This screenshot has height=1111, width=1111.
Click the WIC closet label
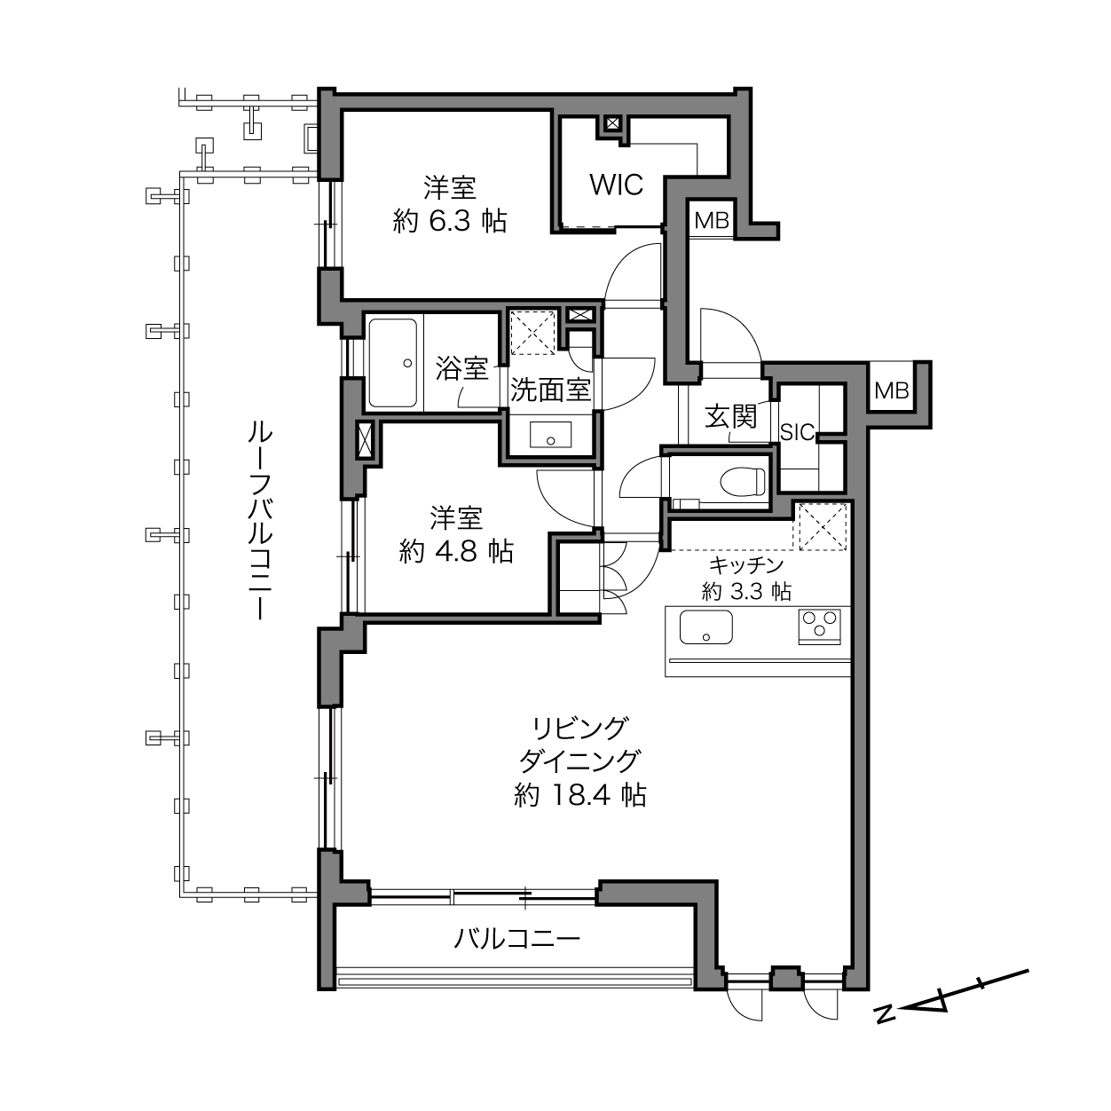point(616,185)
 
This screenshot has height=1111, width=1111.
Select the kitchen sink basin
point(705,627)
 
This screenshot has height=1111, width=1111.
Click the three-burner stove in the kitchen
point(819,626)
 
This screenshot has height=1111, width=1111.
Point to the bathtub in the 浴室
point(392,363)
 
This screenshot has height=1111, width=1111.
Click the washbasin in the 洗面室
point(550,435)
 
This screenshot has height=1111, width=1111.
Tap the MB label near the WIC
point(712,220)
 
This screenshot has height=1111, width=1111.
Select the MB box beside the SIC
point(891,392)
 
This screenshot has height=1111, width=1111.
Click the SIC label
point(797,432)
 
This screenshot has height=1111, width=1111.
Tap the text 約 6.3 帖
point(450,221)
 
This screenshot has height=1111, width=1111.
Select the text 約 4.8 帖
point(456,552)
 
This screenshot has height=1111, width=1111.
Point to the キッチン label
point(746,565)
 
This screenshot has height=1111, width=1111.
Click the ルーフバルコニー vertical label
point(259,519)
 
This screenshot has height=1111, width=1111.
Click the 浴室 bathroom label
point(461,368)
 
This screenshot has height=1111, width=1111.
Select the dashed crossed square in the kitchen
point(820,527)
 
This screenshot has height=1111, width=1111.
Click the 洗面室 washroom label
point(550,390)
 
